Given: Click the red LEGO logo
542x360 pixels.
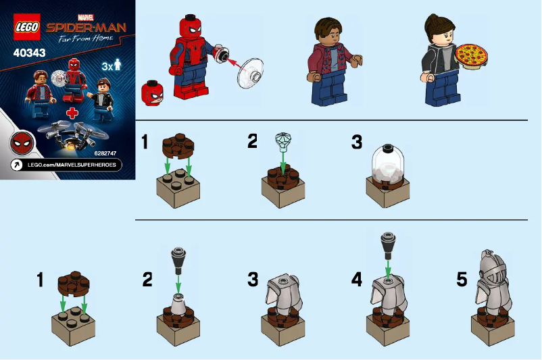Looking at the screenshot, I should tap(27, 26).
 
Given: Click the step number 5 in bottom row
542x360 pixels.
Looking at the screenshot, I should tap(462, 279).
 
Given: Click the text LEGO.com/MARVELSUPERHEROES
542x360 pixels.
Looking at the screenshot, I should tap(75, 165).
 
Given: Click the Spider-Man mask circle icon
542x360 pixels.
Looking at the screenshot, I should tap(21, 143).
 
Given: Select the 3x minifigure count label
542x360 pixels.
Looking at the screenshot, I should tap(109, 66).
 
